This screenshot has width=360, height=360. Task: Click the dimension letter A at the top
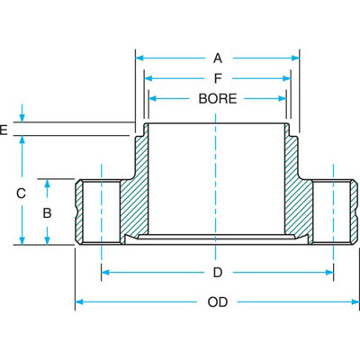[218, 58]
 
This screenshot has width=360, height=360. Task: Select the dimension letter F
[218, 78]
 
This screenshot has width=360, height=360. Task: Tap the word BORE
[218, 98]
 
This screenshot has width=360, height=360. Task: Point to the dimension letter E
[4, 130]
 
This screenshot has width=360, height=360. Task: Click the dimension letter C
[21, 192]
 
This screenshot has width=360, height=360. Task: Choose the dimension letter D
[218, 272]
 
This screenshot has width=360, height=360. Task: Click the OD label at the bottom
[218, 302]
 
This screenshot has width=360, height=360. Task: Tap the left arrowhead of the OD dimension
[78, 302]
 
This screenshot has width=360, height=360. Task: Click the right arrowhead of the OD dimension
[355, 302]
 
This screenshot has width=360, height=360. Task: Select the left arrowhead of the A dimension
[139, 58]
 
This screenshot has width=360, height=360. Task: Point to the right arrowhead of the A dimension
[296, 58]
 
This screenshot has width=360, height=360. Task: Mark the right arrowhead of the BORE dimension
[284, 98]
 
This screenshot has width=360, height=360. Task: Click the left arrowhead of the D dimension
[105, 272]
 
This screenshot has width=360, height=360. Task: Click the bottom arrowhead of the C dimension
[21, 240]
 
